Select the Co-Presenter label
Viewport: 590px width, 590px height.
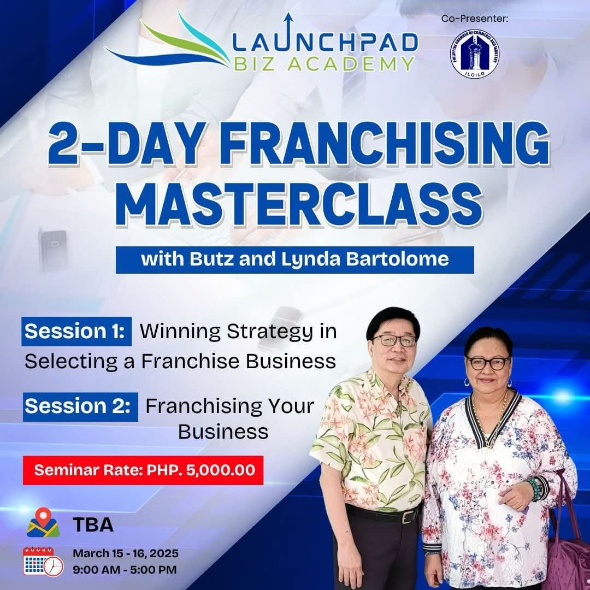click(475, 19)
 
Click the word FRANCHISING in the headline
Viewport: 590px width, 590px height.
click(386, 144)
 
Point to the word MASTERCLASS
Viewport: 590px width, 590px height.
click(299, 204)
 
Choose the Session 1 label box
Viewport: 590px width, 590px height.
click(76, 331)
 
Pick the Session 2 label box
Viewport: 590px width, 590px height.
click(80, 406)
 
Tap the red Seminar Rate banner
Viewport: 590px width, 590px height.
click(143, 470)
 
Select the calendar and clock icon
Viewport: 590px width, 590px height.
click(43, 562)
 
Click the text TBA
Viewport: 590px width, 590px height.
click(93, 524)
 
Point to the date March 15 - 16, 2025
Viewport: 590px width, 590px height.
click(126, 553)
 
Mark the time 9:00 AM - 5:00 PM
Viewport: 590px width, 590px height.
click(125, 570)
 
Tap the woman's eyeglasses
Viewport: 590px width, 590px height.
click(488, 363)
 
